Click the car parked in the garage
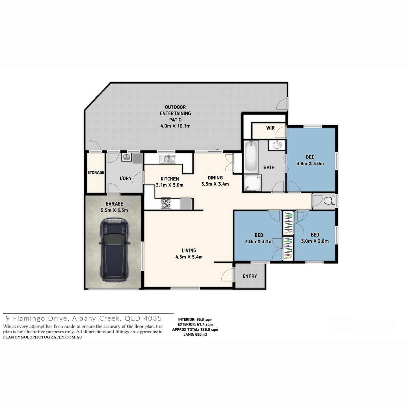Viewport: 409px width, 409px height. coord(115,249)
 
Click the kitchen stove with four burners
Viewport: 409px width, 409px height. coord(166,203)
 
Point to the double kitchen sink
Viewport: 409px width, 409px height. coord(168,159)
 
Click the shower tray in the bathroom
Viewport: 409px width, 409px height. coord(253,183)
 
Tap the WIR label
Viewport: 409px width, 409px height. coord(270,128)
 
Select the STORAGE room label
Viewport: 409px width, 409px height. coord(96,172)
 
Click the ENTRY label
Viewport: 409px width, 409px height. coord(250,276)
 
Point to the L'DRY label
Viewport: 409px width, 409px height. coord(126,178)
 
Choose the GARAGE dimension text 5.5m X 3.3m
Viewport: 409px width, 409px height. coord(115,210)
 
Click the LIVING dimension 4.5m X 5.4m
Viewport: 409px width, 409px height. coord(189,257)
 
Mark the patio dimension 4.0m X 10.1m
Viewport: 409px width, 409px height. coord(175,126)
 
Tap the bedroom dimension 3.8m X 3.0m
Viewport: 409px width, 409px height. coord(310,164)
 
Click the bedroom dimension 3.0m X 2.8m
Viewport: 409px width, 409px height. coord(315,241)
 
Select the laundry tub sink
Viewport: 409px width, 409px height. coord(127,157)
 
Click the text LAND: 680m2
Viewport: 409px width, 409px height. coord(195,334)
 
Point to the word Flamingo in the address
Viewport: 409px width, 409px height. coord(37,319)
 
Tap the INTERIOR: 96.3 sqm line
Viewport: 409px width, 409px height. coord(195,319)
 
